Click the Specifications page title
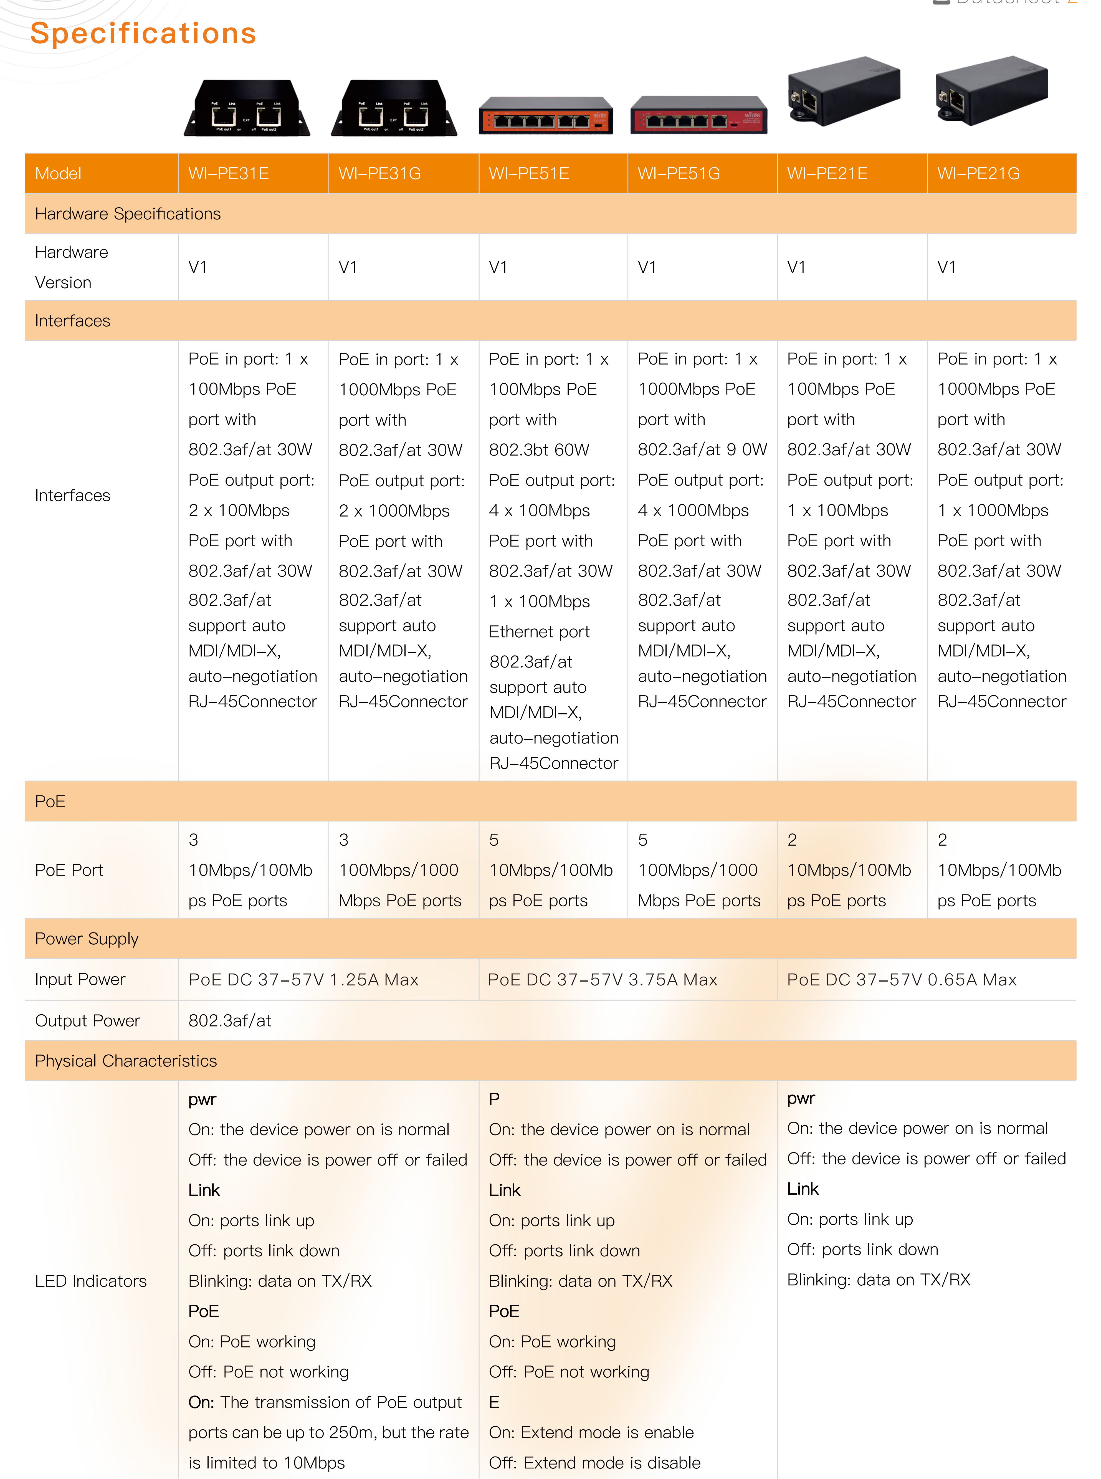(143, 33)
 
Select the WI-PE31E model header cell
(229, 174)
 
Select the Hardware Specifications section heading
(127, 214)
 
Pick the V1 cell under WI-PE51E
(498, 267)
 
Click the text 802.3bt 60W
(539, 450)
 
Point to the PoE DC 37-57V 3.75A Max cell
(603, 980)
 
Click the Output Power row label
(87, 1020)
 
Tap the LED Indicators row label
(91, 1281)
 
